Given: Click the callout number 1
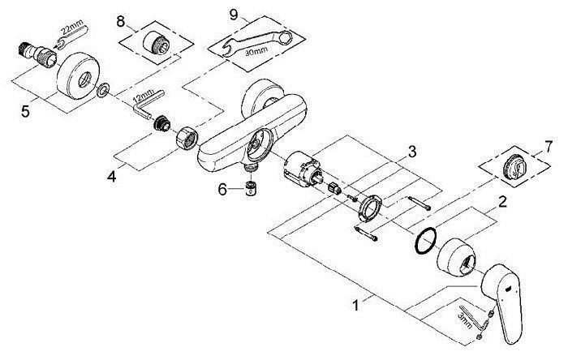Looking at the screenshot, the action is [356, 306].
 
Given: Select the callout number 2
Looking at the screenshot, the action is [502, 202].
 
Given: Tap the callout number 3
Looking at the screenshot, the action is [412, 152].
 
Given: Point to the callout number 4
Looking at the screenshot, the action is [112, 177].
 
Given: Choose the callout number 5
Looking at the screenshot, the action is [25, 111].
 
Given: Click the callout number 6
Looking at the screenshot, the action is [222, 189].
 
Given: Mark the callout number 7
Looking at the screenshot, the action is [549, 147].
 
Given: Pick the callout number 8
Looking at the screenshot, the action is [121, 21].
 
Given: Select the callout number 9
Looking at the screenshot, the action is [234, 15].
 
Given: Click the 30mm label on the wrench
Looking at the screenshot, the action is [256, 51].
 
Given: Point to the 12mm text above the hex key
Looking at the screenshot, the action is [144, 96].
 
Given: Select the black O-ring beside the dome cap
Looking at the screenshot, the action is [425, 240].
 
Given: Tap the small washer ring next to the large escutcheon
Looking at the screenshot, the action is [103, 90].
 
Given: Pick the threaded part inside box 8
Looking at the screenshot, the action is [156, 42].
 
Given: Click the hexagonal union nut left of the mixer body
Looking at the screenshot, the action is [187, 137].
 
